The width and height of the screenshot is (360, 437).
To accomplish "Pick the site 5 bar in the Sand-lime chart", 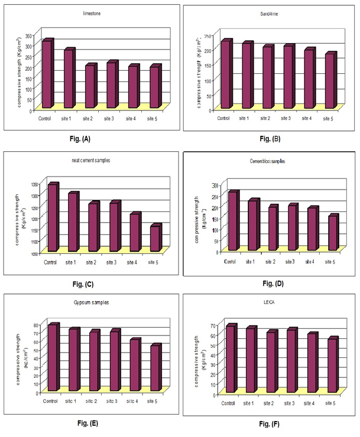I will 329,81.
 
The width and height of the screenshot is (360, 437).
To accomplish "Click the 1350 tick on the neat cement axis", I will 35,185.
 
